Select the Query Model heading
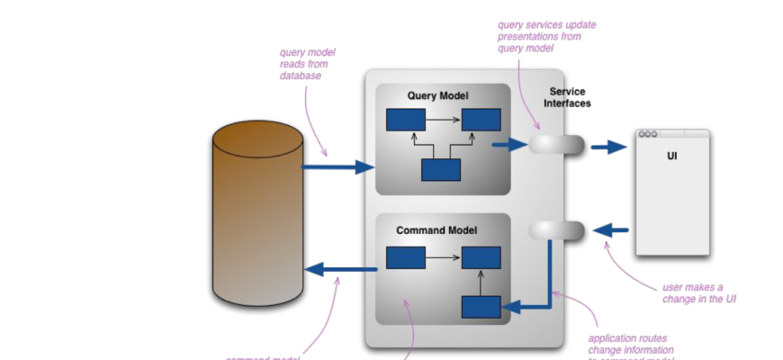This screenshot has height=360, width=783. pyautogui.click(x=437, y=95)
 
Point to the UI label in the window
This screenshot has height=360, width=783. pyautogui.click(x=671, y=157)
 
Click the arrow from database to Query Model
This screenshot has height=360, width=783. pyautogui.click(x=337, y=166)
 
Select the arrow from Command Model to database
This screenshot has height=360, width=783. pyautogui.click(x=340, y=268)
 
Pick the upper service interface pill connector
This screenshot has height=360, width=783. pyautogui.click(x=556, y=145)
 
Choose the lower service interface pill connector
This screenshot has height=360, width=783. pyautogui.click(x=556, y=231)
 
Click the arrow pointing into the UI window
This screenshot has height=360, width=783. pyautogui.click(x=609, y=146)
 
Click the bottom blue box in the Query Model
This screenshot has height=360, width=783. pyautogui.click(x=441, y=170)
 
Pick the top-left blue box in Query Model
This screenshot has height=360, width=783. pyautogui.click(x=405, y=120)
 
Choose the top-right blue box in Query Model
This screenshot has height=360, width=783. pyautogui.click(x=481, y=120)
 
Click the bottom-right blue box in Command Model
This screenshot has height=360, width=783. pyautogui.click(x=481, y=307)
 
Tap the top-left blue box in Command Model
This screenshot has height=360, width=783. pyautogui.click(x=405, y=257)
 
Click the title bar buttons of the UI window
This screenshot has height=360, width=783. pyautogui.click(x=648, y=134)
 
